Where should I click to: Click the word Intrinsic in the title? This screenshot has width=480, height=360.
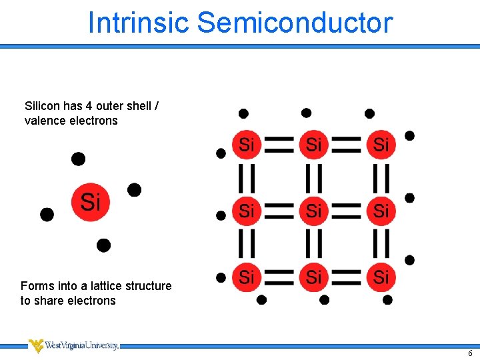coord(139,22)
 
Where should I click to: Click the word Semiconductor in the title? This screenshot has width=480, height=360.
coord(295,22)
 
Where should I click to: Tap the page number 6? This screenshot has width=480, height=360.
coord(470,354)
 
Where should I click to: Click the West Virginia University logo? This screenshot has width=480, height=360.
coord(73,346)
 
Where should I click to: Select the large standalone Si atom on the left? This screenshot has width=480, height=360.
coord(90,201)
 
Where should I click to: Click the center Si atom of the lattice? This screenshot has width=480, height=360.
coord(313,211)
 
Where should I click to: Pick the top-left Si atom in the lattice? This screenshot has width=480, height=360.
coord(247,144)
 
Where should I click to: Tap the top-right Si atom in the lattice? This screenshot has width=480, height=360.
coord(381,144)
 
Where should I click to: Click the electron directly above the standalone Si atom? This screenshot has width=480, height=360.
coord(79,159)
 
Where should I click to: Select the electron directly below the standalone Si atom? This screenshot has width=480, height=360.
coord(103,245)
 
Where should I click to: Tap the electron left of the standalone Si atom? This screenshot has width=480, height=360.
coord(47,214)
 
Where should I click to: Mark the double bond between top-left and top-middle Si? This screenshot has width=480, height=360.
coord(280,144)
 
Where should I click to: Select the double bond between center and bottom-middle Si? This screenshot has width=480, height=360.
coord(313,244)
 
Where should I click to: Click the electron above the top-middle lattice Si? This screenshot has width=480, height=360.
coord(306,113)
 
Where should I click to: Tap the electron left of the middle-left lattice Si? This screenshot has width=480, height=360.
coord(221,215)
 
